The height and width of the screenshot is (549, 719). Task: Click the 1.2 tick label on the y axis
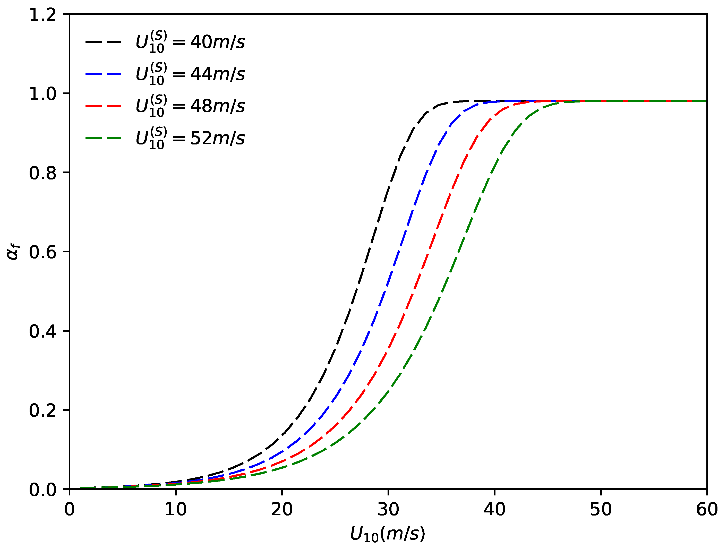point(43,15)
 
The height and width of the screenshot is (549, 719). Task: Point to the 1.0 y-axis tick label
point(43,94)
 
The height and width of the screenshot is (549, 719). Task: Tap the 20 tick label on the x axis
point(282,509)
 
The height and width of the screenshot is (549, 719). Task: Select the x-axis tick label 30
point(388,509)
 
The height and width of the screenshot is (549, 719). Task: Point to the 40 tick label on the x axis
point(494,509)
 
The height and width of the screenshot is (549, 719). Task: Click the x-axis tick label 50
point(600,509)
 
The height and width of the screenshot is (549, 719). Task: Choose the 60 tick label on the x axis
point(706,509)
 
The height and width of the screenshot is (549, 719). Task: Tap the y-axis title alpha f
point(14,252)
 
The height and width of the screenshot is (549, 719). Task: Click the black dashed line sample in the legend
point(103,42)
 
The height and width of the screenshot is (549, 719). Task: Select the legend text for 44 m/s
point(190,74)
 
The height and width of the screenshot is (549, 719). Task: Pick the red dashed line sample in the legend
point(103,106)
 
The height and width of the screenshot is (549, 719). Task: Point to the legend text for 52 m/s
point(190,138)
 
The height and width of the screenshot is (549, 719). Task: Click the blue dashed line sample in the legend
point(103,74)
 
